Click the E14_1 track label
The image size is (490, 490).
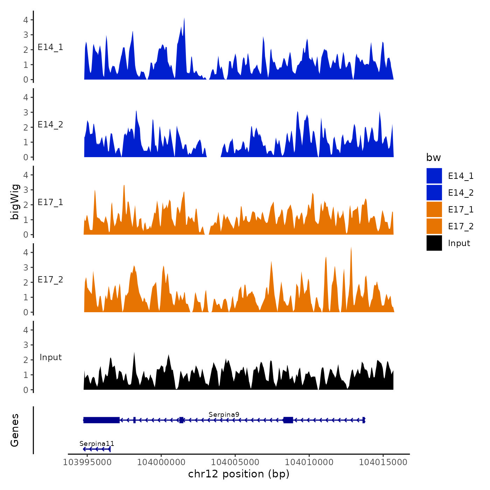tap(50, 47)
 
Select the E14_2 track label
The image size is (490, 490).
tap(50, 125)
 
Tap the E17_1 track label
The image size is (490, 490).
tap(50, 202)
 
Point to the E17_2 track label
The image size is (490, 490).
tap(50, 280)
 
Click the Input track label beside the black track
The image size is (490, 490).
tap(50, 357)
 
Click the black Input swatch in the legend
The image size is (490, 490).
tap(434, 243)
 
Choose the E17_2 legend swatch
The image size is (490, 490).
tap(434, 226)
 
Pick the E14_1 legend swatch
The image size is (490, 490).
tap(434, 176)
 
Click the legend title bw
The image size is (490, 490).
tap(433, 157)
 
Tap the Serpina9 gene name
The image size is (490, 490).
tap(224, 415)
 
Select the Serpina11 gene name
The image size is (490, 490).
tap(97, 444)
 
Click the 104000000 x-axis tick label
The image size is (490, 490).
tap(161, 462)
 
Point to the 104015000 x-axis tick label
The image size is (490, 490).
tap(383, 462)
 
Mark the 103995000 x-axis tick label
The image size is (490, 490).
tap(87, 462)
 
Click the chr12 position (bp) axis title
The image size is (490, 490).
tap(239, 474)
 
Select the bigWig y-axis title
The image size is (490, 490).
tap(15, 202)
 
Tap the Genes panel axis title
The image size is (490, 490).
tap(15, 430)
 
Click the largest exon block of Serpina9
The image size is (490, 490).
tap(101, 420)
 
